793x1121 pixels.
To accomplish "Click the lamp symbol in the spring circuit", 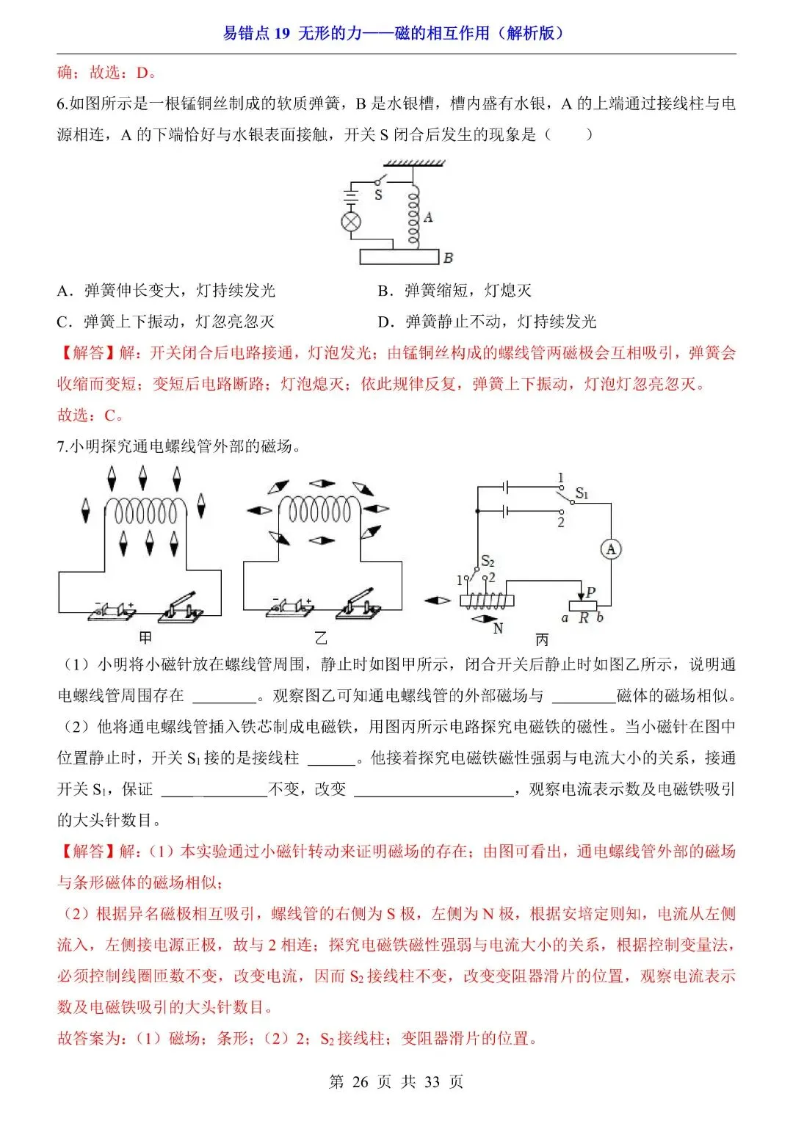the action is (352, 222).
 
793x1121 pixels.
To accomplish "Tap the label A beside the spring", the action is (428, 217).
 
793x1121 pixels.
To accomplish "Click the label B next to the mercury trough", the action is (448, 258).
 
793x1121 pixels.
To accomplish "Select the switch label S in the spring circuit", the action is (379, 195).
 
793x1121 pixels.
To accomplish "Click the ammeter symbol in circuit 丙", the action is (610, 549).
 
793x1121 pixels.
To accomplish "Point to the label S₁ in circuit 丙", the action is (582, 493).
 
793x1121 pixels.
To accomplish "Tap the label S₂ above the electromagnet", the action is (488, 562).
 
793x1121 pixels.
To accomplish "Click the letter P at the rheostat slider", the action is (591, 592).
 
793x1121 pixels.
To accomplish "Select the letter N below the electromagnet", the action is (498, 628).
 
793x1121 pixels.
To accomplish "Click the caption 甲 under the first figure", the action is (145, 638).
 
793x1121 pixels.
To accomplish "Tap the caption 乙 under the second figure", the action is (321, 638).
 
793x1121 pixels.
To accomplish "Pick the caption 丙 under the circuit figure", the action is (542, 639).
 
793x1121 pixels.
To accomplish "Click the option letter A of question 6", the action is (64, 291).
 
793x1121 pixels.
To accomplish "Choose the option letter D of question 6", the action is (384, 322).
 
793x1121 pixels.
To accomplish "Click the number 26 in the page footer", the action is (360, 1081).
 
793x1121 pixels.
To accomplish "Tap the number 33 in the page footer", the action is (432, 1081).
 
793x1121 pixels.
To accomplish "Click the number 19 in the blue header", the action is (283, 33).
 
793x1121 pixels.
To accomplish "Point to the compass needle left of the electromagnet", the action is (437, 601).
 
